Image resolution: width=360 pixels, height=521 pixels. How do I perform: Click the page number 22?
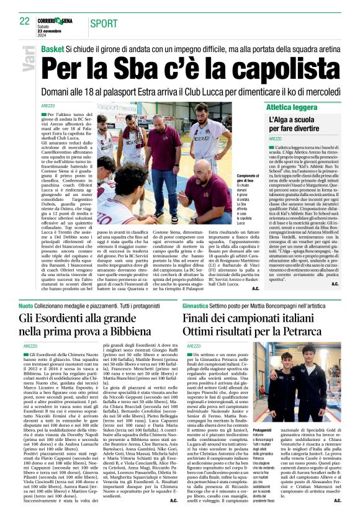[x=25, y=21]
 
